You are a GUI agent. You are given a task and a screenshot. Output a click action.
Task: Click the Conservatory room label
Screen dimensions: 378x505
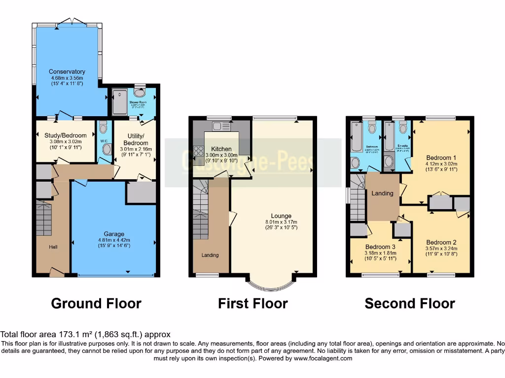pos(67,72)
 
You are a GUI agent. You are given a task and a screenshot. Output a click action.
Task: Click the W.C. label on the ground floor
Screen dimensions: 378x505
pos(104,140)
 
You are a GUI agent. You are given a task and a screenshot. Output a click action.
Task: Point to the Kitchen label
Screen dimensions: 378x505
pos(221,149)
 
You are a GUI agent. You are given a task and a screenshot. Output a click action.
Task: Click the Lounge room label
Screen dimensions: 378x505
pos(281,216)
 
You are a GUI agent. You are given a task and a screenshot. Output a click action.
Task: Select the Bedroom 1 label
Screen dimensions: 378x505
pos(441,158)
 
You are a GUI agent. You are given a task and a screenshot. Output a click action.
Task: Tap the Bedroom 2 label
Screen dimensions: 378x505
pos(441,242)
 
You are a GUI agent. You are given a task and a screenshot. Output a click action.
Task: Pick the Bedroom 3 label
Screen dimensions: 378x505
pos(380,247)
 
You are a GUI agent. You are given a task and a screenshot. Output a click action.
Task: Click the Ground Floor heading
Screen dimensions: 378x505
pos(96,304)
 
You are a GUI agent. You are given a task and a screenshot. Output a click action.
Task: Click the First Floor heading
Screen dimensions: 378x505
pos(252,304)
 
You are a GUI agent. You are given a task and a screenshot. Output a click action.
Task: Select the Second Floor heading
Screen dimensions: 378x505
pos(409,304)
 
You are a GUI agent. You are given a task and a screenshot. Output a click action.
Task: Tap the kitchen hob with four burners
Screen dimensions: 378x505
pos(199,151)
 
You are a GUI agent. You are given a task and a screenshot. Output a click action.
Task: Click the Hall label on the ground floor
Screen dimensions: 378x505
pos(53,247)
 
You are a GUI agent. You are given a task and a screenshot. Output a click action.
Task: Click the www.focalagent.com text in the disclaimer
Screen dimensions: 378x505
pos(323,359)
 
